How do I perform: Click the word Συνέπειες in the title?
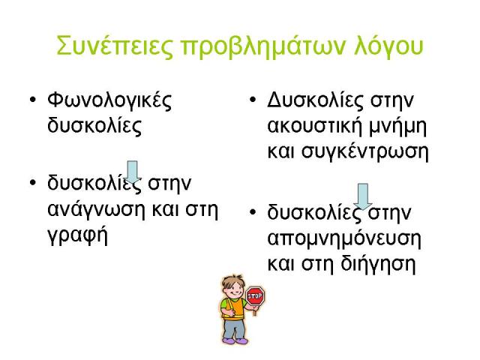[115, 46]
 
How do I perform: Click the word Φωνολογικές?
[109, 100]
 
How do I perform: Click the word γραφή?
[78, 235]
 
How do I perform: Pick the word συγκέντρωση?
[365, 152]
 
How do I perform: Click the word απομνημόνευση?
[344, 239]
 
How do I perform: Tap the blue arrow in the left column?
[132, 172]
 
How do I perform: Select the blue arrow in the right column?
[363, 196]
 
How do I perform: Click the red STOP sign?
[255, 296]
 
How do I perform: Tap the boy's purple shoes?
[235, 340]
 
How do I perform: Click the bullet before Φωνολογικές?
[33, 100]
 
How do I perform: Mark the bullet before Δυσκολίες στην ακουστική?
[253, 100]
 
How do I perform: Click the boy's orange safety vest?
[233, 309]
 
